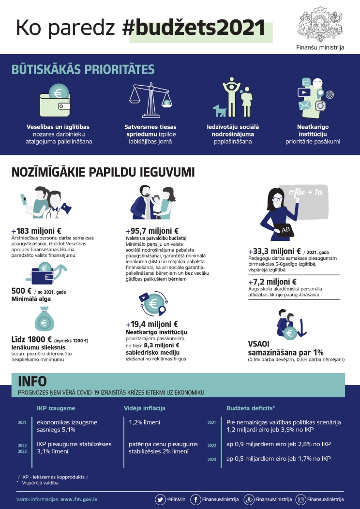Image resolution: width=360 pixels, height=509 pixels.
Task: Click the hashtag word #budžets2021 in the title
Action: coord(194,28)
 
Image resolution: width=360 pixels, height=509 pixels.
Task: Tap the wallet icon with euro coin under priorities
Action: coord(55,100)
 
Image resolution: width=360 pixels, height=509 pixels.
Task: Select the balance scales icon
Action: coord(150,100)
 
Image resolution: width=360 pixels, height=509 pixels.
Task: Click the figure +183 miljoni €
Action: coord(36,231)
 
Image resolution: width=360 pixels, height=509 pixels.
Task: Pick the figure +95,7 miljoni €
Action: coord(152,231)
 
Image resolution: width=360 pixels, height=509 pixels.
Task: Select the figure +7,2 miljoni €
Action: coord(272,282)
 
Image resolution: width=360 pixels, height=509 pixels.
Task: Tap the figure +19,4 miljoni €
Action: coord(152,324)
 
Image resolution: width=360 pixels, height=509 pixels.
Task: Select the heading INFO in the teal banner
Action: coord(32,381)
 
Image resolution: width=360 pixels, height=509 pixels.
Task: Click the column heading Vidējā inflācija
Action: coord(145,408)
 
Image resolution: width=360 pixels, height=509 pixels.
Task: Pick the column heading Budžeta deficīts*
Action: coord(251,408)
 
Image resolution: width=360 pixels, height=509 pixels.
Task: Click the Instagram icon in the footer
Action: coord(301,499)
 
